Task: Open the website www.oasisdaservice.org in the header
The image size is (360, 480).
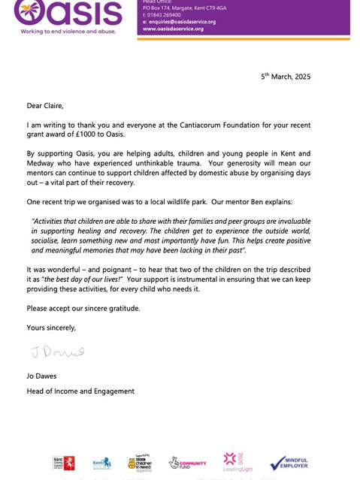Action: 174,29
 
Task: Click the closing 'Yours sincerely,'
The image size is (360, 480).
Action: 52,327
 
